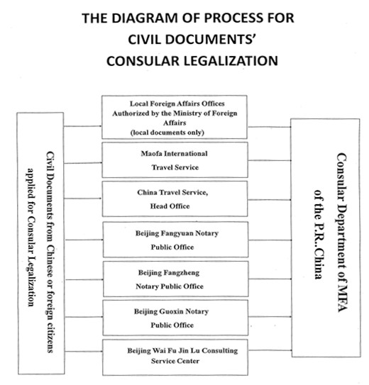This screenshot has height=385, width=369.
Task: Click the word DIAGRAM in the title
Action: pos(141,18)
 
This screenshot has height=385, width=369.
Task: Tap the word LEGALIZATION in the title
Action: pos(231,61)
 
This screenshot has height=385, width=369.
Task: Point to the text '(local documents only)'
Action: pos(167,133)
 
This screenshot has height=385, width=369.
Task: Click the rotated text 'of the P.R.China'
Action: pos(319,235)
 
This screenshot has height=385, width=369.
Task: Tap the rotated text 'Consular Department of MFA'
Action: pos(341,233)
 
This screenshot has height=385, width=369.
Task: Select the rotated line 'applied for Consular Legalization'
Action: pos(31,238)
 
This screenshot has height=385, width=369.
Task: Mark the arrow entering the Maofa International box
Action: pos(83,163)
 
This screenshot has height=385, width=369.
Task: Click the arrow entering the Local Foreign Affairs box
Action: pos(83,126)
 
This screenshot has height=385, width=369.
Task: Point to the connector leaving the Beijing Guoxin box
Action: pos(270,317)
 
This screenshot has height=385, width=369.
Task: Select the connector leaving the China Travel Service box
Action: pos(269,200)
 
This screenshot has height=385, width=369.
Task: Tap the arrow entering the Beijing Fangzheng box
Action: pos(84,279)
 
